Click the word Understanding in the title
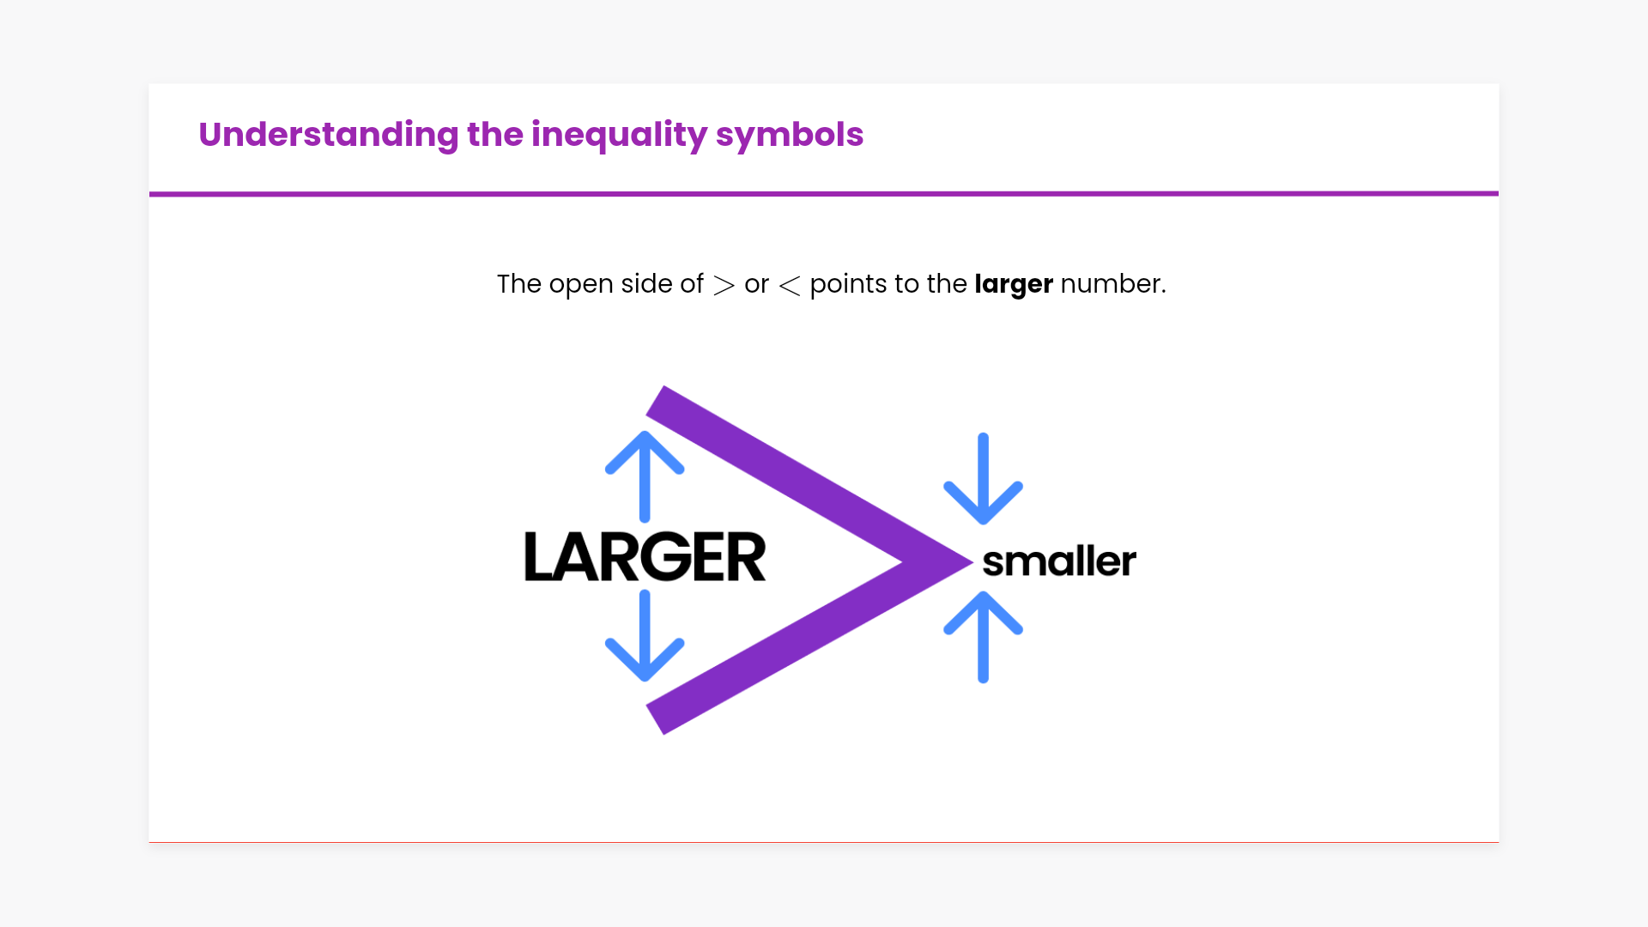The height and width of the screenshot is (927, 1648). click(x=329, y=135)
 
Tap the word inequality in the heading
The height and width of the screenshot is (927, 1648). click(x=620, y=135)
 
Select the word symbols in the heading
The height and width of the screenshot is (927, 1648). click(x=790, y=135)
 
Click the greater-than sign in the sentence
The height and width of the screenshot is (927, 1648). click(x=724, y=285)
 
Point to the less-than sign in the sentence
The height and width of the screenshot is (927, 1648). click(x=790, y=285)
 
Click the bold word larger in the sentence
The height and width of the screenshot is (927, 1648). click(x=1014, y=284)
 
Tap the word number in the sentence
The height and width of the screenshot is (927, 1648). click(x=1113, y=283)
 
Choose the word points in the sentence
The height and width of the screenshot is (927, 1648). click(x=848, y=284)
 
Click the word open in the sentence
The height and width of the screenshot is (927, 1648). click(x=581, y=285)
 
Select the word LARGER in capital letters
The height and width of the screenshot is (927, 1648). click(x=645, y=556)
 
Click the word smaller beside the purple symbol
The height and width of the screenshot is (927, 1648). click(x=1059, y=561)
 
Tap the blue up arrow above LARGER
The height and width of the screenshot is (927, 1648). click(x=645, y=476)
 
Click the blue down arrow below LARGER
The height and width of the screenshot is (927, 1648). click(x=645, y=636)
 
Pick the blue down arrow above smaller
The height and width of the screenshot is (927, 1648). click(x=983, y=478)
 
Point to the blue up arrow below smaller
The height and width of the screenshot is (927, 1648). click(x=983, y=637)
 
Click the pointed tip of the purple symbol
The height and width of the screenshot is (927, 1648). click(x=972, y=562)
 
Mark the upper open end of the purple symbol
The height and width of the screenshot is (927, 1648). click(x=656, y=400)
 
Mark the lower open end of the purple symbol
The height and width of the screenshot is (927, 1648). click(x=656, y=720)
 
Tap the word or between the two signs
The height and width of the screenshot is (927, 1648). click(x=756, y=285)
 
